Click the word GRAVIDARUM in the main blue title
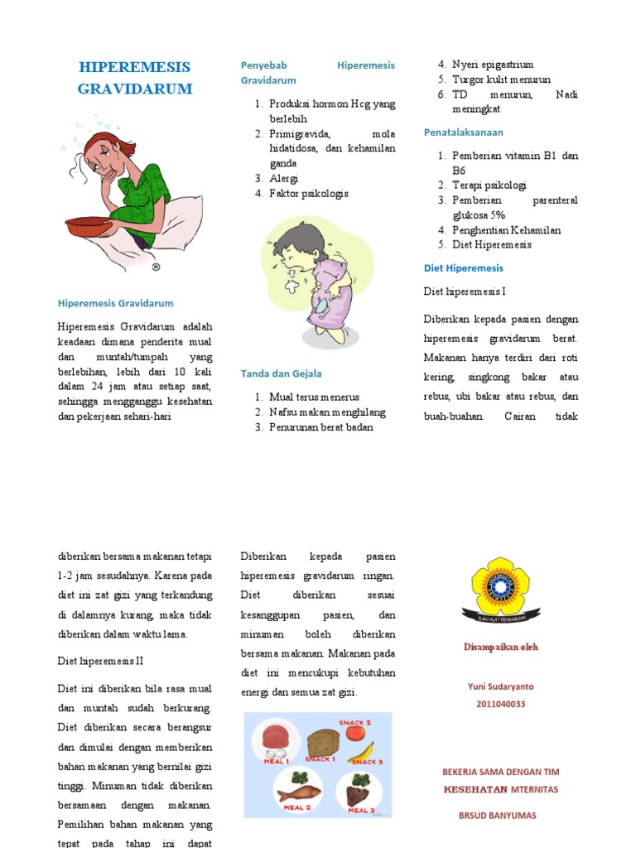[135, 89]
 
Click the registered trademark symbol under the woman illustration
[156, 267]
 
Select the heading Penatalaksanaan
[463, 132]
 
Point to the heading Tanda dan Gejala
[281, 373]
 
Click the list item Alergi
[283, 178]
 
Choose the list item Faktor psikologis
[308, 194]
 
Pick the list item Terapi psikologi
[489, 185]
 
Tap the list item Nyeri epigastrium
[492, 65]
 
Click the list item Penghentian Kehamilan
[506, 230]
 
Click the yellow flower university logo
[500, 589]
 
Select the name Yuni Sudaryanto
[500, 687]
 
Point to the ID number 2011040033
[500, 705]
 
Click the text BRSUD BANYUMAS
[497, 815]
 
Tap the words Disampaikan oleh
[500, 647]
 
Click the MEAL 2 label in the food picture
[296, 807]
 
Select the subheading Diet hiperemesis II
[100, 662]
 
